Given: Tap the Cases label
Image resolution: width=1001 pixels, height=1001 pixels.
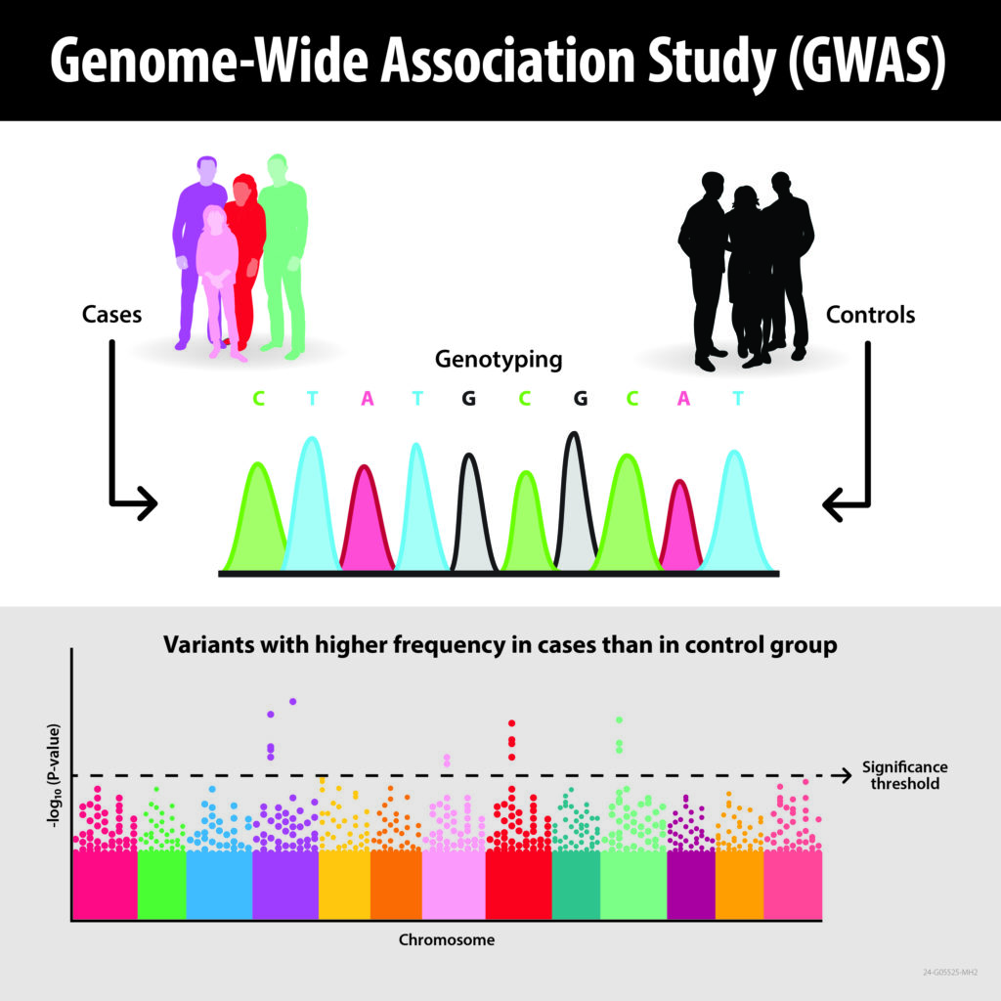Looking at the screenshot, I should (111, 315).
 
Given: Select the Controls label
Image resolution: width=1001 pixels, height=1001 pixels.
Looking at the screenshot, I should (871, 315).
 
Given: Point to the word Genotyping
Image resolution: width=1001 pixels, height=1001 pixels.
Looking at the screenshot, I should (499, 360).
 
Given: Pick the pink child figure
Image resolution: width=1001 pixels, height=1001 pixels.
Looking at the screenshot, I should (217, 274).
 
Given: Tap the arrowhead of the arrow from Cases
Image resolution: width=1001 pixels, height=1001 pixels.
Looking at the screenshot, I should (147, 504).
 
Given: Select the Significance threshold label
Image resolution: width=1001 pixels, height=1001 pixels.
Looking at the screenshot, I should (904, 775).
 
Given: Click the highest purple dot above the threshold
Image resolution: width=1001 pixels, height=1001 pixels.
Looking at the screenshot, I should (292, 701).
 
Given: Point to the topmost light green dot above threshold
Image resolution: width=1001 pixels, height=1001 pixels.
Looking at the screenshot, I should (619, 720).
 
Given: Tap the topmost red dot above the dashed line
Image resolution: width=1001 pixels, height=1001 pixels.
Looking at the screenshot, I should (510, 723).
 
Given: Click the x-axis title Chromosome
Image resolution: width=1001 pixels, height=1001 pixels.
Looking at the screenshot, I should (446, 940).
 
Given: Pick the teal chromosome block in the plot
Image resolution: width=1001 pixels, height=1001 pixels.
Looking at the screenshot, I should (576, 884).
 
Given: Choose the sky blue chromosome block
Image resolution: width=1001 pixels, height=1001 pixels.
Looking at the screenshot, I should (218, 884).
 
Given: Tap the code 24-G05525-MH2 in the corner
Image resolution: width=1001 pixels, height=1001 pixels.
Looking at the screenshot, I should (950, 973).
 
